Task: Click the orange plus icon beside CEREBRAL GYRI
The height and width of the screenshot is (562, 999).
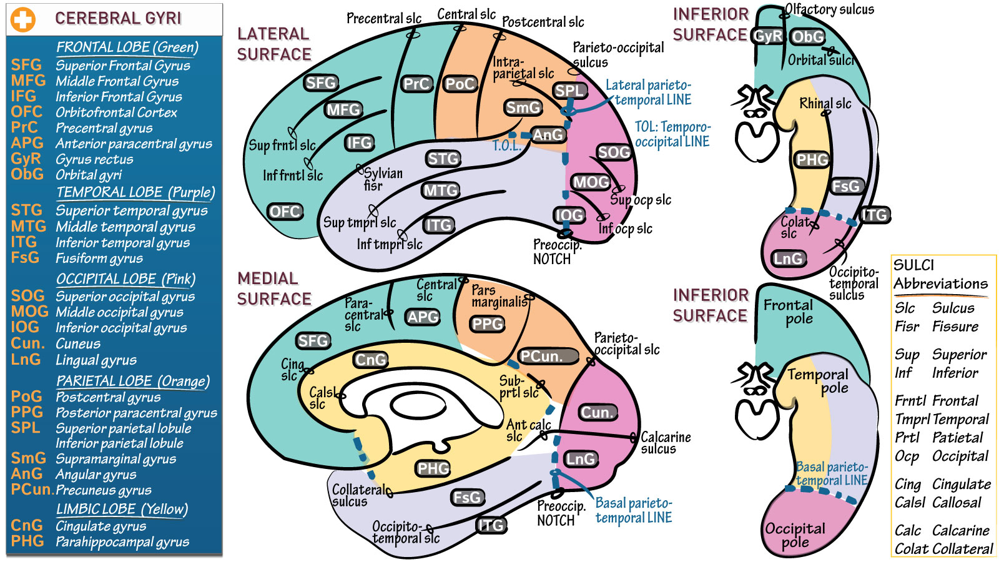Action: point(23,19)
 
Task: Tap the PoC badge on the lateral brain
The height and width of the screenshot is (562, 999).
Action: point(460,84)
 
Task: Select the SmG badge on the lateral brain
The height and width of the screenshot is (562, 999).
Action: point(523,108)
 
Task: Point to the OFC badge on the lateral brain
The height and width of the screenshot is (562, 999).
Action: point(285,212)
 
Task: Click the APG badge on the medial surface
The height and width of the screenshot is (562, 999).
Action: point(423,317)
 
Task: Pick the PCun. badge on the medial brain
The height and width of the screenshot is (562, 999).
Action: point(541,357)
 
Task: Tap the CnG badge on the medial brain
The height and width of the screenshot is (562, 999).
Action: point(370,360)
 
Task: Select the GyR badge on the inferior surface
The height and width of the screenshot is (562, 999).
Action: point(767,36)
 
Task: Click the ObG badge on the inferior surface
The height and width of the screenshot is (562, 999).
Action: point(808,37)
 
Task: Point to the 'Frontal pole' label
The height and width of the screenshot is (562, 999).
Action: point(789,312)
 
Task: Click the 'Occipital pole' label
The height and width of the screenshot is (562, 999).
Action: point(795,535)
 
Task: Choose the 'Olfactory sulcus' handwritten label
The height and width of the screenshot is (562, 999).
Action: point(829,9)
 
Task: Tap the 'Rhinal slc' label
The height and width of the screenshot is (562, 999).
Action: point(825,104)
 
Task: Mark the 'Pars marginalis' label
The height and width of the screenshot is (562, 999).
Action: point(498,296)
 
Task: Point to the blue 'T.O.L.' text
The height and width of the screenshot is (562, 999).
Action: point(506,146)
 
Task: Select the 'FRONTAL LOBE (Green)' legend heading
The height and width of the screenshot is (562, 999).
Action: point(127,47)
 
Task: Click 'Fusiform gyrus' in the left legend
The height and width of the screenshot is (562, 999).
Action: point(99,259)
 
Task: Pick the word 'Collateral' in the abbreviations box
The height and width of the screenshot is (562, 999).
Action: point(962,549)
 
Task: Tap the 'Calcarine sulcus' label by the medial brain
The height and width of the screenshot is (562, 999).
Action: point(666,443)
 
